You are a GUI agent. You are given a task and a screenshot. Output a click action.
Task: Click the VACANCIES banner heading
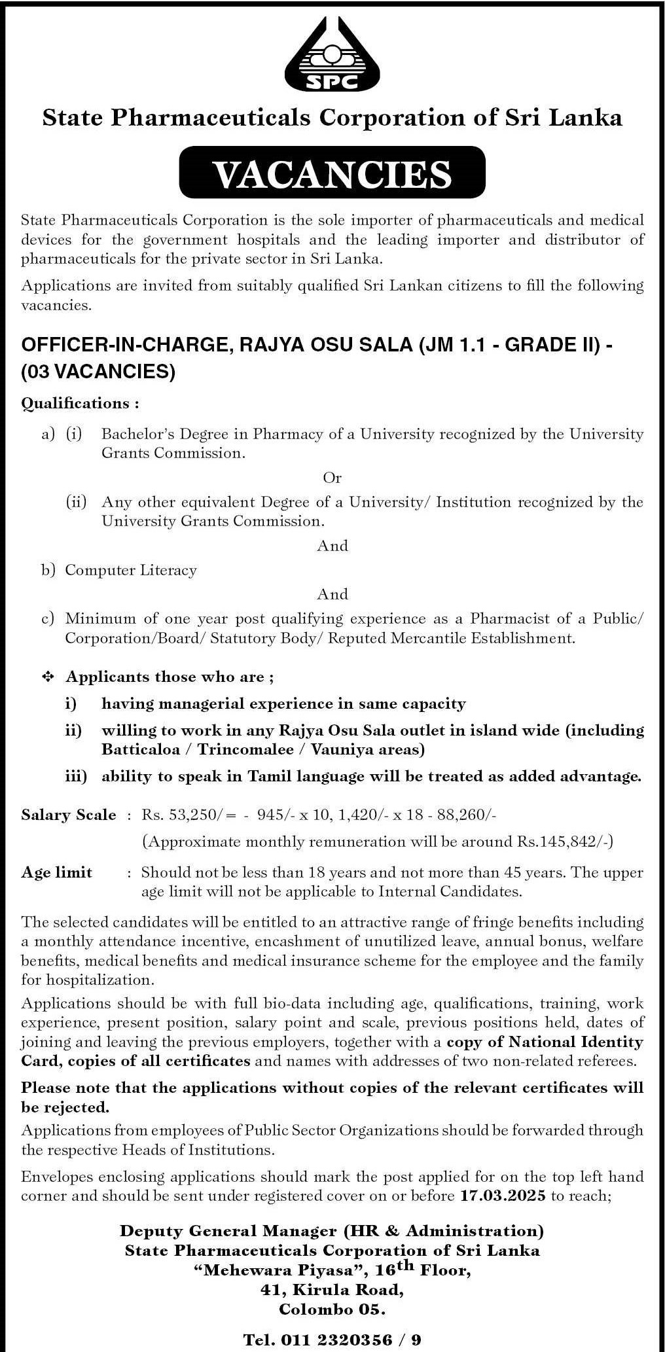pyautogui.click(x=332, y=173)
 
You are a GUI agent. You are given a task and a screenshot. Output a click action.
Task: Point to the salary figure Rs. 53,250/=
pyautogui.click(x=179, y=815)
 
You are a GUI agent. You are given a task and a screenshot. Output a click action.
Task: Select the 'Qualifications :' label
pyautogui.click(x=80, y=403)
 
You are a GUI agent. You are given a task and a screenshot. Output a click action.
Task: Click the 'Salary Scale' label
pyautogui.click(x=68, y=815)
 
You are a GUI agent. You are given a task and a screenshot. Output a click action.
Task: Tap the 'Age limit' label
pyautogui.click(x=57, y=872)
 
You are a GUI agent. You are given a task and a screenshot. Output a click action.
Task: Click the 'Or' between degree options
pyautogui.click(x=332, y=478)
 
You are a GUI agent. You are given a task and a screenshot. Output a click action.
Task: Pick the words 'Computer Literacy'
pyautogui.click(x=131, y=570)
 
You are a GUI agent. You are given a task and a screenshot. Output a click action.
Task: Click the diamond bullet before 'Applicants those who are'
pyautogui.click(x=48, y=677)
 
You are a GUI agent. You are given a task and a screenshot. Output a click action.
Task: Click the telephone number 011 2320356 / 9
pyautogui.click(x=332, y=1340)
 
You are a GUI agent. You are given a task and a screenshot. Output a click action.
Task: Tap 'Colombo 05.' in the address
pyautogui.click(x=332, y=1309)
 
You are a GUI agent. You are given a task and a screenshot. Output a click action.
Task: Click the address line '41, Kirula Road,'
pyautogui.click(x=332, y=1290)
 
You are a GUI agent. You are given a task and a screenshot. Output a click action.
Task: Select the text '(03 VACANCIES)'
pyautogui.click(x=99, y=372)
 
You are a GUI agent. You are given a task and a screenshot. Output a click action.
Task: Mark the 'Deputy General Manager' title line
pyautogui.click(x=332, y=1231)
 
